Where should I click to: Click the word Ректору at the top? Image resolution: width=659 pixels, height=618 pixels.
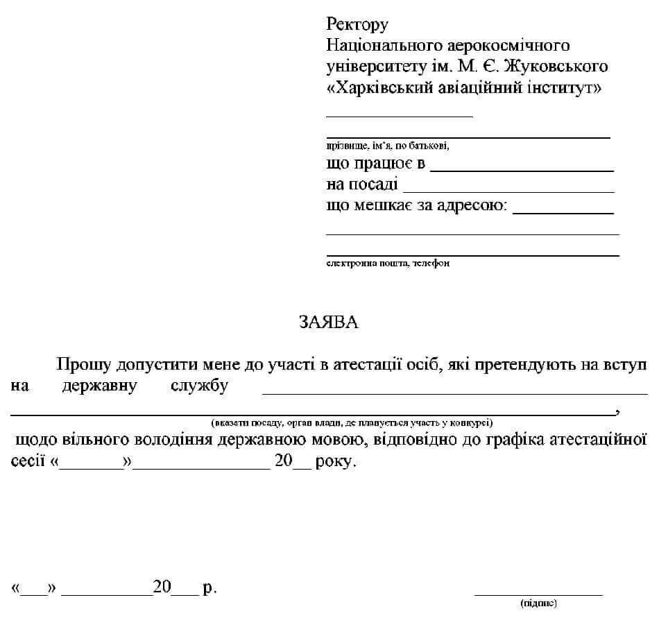coord(357,26)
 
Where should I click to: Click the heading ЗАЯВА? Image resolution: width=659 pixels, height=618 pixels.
coord(329,323)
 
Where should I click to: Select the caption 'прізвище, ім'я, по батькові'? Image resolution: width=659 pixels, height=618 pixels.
coord(388,146)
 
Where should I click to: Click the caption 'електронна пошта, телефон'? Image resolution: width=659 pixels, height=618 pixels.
coord(388,264)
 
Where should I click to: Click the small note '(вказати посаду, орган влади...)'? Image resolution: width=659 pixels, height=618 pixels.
coord(352,422)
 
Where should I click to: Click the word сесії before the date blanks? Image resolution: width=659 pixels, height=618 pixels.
coord(28,461)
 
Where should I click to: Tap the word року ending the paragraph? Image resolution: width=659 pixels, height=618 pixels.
coord(336,461)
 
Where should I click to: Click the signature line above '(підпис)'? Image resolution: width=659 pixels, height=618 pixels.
coord(538,594)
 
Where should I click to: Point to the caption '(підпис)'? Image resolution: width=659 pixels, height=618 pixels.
coord(538,603)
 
